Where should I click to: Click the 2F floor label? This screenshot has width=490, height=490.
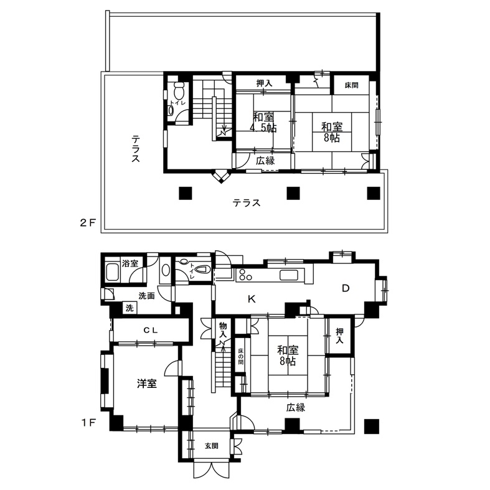click(88, 223)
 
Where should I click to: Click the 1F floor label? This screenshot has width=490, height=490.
click(88, 423)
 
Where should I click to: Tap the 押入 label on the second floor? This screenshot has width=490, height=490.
click(265, 83)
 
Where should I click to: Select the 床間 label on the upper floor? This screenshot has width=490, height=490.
click(352, 85)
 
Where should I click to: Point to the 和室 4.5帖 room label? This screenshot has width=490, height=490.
click(264, 123)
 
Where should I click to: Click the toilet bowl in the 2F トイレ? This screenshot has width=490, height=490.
click(179, 90)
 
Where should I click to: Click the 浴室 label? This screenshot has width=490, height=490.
click(130, 263)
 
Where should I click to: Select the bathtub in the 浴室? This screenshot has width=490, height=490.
click(113, 272)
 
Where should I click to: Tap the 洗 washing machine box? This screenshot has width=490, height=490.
click(130, 308)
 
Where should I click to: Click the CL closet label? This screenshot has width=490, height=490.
click(151, 331)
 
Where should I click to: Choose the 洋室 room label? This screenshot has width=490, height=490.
click(147, 384)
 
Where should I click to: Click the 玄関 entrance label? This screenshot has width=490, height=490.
click(212, 446)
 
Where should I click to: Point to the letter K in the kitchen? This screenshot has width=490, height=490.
click(252, 299)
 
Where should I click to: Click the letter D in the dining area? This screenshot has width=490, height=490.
click(346, 288)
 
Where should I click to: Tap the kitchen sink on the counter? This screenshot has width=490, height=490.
click(289, 275)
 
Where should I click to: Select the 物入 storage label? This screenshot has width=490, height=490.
click(223, 331)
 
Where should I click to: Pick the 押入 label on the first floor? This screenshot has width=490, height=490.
click(340, 336)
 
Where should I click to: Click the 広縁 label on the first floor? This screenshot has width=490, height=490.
click(295, 407)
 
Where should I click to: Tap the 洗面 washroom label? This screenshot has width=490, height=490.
click(146, 296)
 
